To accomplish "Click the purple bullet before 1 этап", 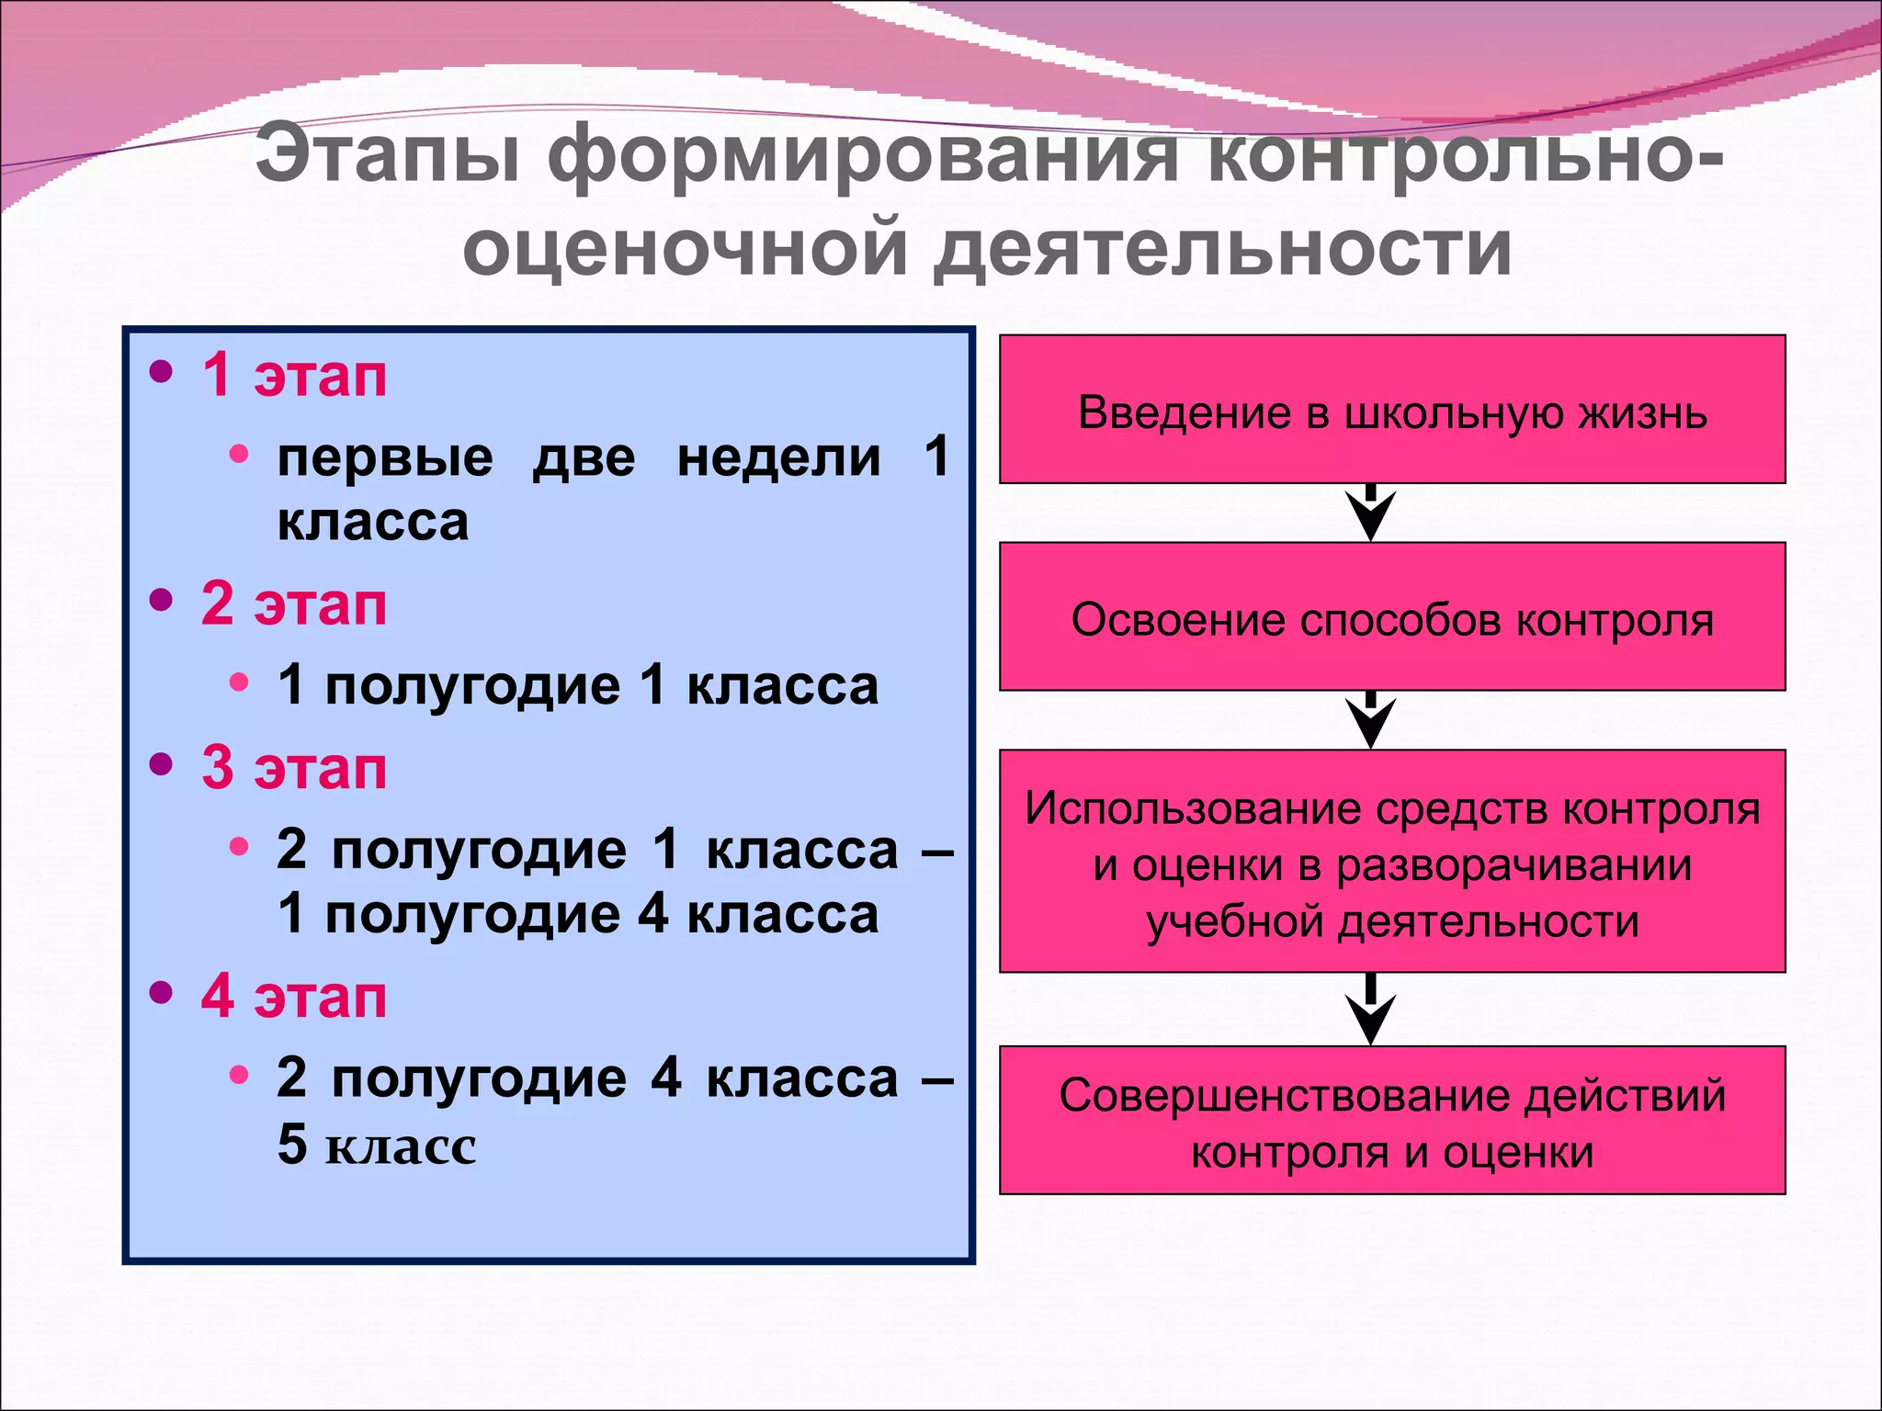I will pos(161,372).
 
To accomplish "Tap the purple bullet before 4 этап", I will pos(161,993).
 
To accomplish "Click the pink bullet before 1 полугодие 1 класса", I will pos(239,683).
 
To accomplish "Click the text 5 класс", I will pos(377,1145).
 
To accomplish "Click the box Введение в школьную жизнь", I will pos(1391,410).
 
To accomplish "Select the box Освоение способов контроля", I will pos(1391,617).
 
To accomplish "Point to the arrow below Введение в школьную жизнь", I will pos(1370,514).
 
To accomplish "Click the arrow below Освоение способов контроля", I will pos(1370,721).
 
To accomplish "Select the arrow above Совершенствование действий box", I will pos(1370,1010).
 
